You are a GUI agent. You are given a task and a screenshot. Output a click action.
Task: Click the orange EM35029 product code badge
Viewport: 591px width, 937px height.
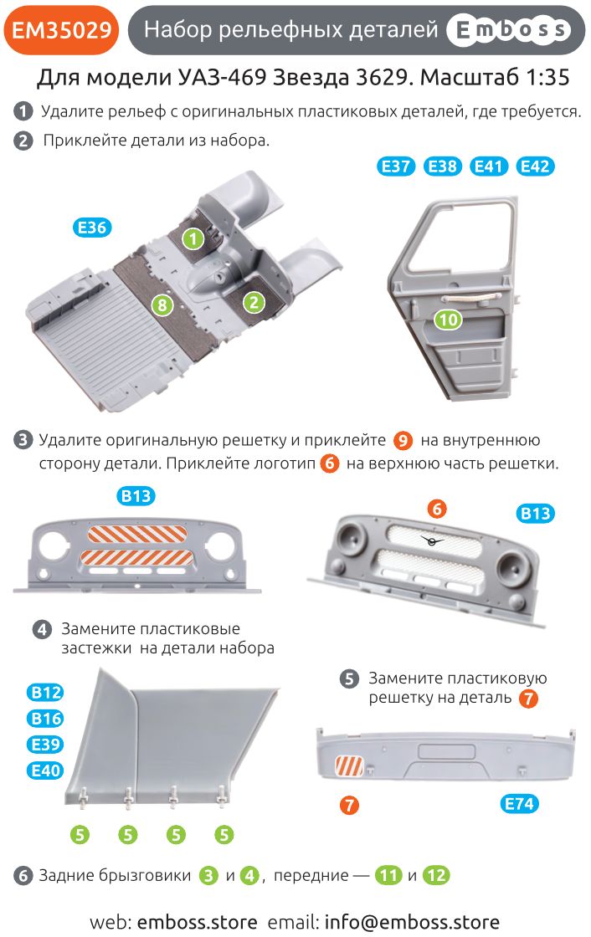point(61,30)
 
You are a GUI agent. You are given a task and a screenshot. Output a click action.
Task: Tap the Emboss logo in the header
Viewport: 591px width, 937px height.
point(509,30)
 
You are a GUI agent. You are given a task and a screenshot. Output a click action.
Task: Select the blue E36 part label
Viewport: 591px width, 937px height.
point(92,227)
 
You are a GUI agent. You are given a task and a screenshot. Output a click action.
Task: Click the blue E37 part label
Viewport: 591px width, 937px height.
point(396,166)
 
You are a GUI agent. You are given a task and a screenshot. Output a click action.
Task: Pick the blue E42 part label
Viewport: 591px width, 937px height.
point(535,166)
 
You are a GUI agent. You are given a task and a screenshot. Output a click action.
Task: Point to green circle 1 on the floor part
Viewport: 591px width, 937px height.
point(193,239)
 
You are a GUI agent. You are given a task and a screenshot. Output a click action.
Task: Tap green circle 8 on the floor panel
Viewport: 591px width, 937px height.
point(162,305)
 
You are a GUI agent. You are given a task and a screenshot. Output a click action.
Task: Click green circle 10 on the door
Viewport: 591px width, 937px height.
point(448,320)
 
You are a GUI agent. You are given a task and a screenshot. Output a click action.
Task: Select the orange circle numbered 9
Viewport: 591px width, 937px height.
point(403,440)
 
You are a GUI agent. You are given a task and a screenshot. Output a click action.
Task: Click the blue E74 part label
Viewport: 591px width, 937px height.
point(520,804)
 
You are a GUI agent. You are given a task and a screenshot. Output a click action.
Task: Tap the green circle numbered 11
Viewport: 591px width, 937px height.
point(388,875)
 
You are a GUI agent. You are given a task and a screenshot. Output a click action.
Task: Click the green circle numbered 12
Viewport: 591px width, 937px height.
point(436,875)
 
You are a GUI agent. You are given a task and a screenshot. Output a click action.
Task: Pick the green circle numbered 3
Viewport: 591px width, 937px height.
point(208,875)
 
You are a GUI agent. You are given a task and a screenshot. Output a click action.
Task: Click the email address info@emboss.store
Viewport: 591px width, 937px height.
point(412,922)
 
